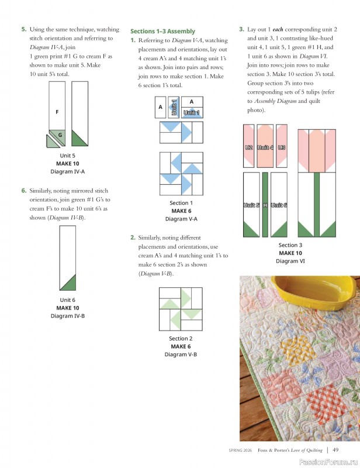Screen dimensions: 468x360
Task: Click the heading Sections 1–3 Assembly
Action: pyautogui.click(x=162, y=31)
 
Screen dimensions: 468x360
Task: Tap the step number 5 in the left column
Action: pyautogui.click(x=23, y=29)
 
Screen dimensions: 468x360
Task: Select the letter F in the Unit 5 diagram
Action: pyautogui.click(x=57, y=111)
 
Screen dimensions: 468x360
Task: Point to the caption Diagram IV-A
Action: pyautogui.click(x=67, y=171)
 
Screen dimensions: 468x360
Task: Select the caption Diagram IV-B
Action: pyautogui.click(x=68, y=316)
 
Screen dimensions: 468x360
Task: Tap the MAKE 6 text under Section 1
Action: pyautogui.click(x=181, y=211)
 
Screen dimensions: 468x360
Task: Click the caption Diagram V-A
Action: pyautogui.click(x=181, y=219)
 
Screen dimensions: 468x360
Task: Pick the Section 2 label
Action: pyautogui.click(x=181, y=339)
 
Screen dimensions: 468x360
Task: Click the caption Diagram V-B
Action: pyautogui.click(x=181, y=355)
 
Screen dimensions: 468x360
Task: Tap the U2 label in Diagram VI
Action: pyautogui.click(x=248, y=147)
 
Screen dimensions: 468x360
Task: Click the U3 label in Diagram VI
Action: pyautogui.click(x=282, y=147)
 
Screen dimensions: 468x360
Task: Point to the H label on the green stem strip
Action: pyautogui.click(x=265, y=205)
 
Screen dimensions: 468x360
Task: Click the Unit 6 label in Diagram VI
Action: pyautogui.click(x=279, y=205)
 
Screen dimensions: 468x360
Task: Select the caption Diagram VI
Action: pyautogui.click(x=290, y=261)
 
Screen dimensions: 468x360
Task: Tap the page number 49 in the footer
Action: pyautogui.click(x=335, y=450)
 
